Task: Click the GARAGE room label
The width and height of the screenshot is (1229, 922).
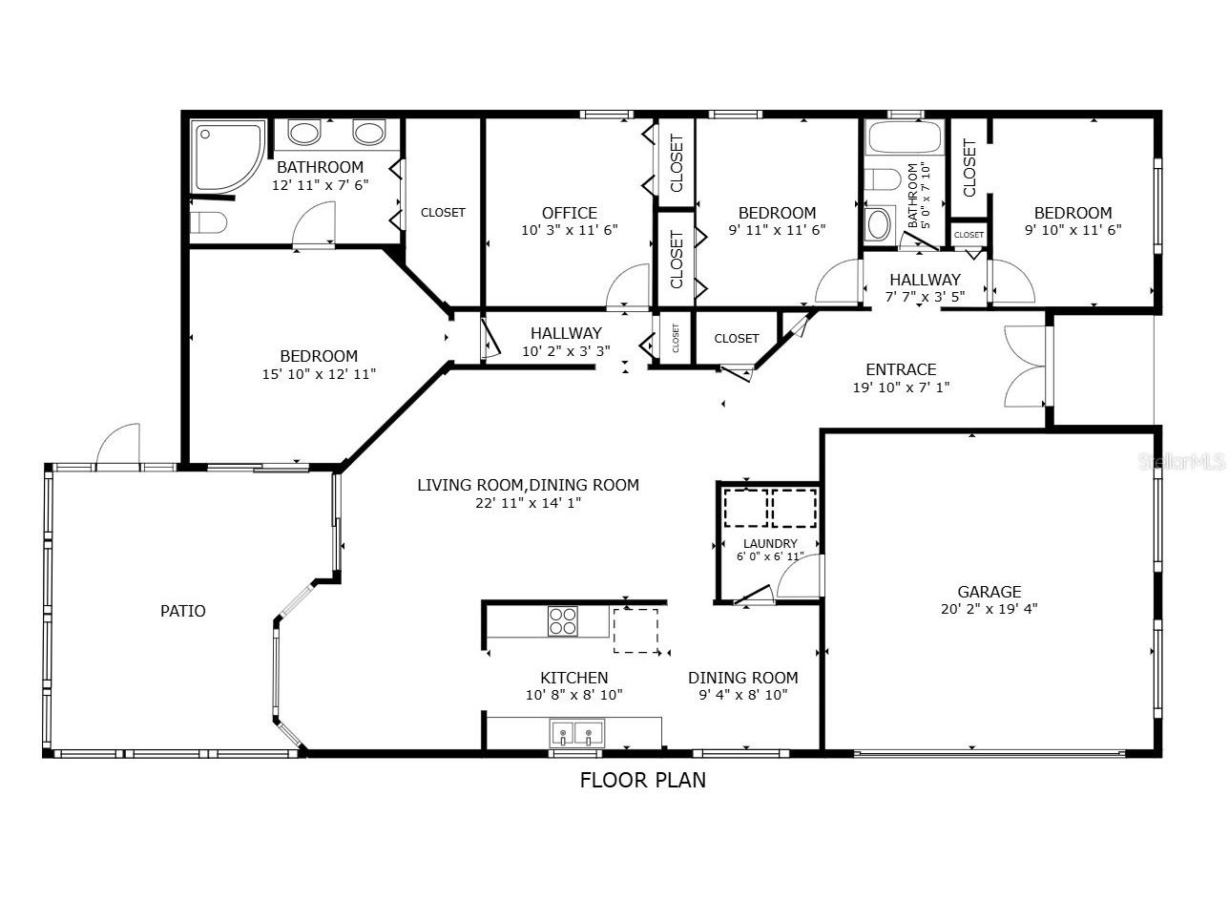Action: (x=989, y=592)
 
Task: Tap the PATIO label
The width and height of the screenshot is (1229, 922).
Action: (x=182, y=611)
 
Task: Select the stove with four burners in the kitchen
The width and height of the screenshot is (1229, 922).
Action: (x=563, y=621)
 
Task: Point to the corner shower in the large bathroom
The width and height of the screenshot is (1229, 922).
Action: (x=226, y=155)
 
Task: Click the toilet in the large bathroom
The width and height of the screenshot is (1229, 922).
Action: (x=209, y=222)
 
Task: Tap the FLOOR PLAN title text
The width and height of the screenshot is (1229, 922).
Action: (x=643, y=780)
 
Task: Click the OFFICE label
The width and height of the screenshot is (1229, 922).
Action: (x=570, y=213)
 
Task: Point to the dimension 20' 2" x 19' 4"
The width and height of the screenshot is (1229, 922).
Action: (x=989, y=608)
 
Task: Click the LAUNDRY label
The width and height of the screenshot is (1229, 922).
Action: (x=770, y=544)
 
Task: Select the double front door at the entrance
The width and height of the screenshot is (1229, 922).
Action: (x=1025, y=367)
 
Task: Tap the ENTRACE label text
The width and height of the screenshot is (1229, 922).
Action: (x=901, y=369)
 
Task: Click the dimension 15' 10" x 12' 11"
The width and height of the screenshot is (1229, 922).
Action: (x=319, y=374)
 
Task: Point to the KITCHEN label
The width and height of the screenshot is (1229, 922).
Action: (x=574, y=678)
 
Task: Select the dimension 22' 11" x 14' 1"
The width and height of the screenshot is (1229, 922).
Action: (x=528, y=502)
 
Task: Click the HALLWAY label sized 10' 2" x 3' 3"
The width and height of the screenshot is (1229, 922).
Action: (x=566, y=333)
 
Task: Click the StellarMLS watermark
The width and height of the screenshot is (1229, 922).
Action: (x=1189, y=462)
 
